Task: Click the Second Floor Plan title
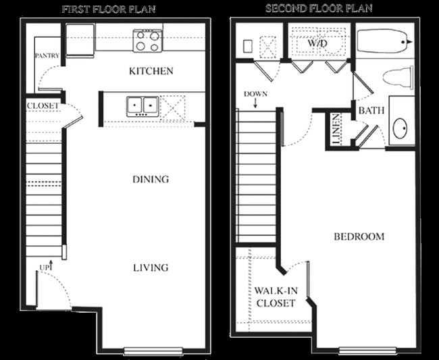tap(319, 9)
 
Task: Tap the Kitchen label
tap(151, 71)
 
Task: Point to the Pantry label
tap(47, 55)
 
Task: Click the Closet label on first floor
tap(43, 106)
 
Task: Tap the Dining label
tap(151, 180)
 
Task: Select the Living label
tap(151, 267)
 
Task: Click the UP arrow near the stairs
tap(45, 267)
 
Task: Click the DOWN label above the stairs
tap(257, 94)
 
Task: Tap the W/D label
tap(317, 43)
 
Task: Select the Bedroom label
tap(359, 236)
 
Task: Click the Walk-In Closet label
tap(274, 297)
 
